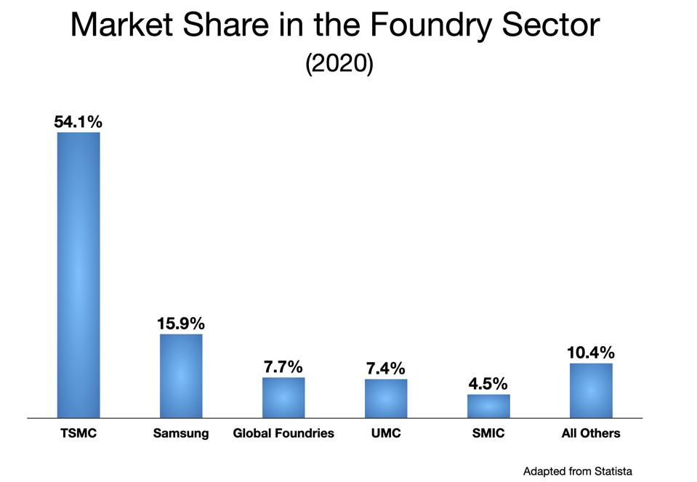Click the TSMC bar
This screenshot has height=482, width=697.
coord(78,275)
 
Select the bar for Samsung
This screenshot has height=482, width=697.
coord(181,376)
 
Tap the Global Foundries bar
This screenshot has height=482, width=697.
coord(283,398)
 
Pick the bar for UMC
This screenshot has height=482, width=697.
coord(386,398)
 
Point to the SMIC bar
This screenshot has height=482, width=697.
coord(488,406)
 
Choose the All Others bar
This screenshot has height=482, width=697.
coord(591,390)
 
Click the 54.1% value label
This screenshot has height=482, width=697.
coord(78,121)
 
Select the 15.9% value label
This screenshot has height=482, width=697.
coord(181,323)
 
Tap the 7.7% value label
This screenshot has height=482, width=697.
coord(283,366)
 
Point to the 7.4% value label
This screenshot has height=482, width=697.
coord(386,369)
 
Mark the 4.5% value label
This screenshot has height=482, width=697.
coord(488,384)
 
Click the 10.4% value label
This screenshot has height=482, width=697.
coord(591,353)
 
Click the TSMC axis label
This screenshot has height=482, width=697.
coord(78,433)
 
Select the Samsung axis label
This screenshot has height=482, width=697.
coord(181,433)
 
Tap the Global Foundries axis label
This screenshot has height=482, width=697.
coord(283,433)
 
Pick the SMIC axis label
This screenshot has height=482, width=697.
coord(488,433)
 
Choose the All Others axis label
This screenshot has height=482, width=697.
coord(591,433)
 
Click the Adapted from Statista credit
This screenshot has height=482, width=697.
coord(577,471)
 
